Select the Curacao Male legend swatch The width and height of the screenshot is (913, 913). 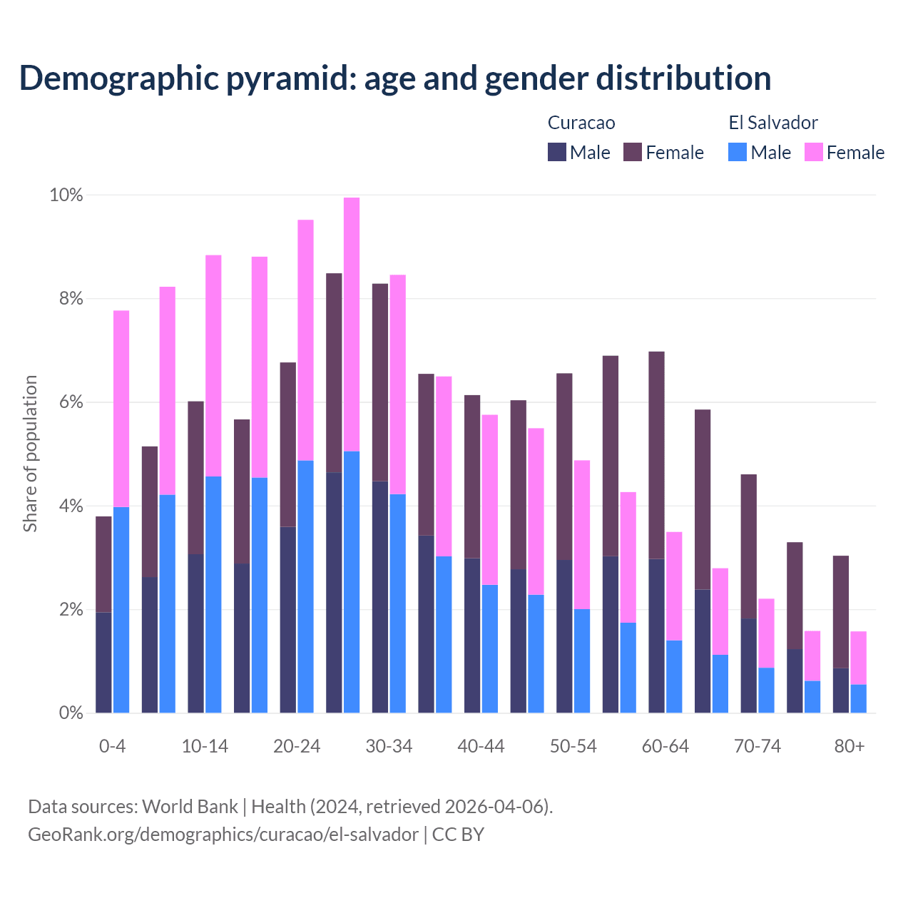[x=557, y=152]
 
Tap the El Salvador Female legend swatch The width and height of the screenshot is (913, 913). [x=814, y=152]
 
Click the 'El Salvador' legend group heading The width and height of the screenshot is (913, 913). [x=772, y=123]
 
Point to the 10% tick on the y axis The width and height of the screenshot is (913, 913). [x=66, y=195]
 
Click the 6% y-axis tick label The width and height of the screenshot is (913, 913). [x=70, y=402]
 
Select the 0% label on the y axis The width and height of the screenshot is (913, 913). [x=70, y=713]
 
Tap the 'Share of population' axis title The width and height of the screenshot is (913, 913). [x=30, y=454]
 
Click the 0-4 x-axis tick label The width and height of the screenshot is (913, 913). [x=112, y=746]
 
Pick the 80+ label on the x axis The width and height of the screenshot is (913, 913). [x=849, y=746]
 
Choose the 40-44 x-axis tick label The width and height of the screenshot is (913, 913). [x=481, y=746]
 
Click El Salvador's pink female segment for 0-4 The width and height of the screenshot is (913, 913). [x=121, y=409]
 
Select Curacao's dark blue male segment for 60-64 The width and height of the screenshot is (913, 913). [x=656, y=636]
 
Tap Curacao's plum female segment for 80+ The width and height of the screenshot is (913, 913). [x=841, y=611]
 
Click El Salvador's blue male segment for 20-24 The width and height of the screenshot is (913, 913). [x=305, y=586]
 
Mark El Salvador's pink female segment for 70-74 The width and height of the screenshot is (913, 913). [x=766, y=633]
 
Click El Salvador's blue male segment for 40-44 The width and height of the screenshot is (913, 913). [x=490, y=648]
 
